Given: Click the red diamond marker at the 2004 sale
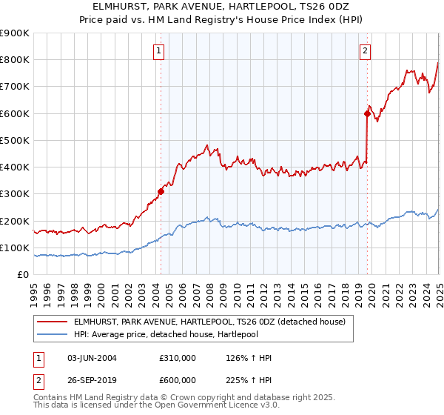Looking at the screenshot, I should click(x=161, y=191).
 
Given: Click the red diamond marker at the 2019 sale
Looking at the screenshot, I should click(x=367, y=113).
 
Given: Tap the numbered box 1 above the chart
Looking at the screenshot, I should click(x=160, y=51).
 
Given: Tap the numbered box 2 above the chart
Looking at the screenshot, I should click(x=366, y=51).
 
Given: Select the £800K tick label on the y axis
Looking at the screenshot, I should click(x=15, y=60).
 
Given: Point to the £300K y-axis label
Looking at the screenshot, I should click(x=15, y=194).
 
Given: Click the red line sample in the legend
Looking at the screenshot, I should click(x=53, y=322).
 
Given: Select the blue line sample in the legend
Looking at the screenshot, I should click(x=53, y=334).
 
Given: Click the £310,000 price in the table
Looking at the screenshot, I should click(x=178, y=358).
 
